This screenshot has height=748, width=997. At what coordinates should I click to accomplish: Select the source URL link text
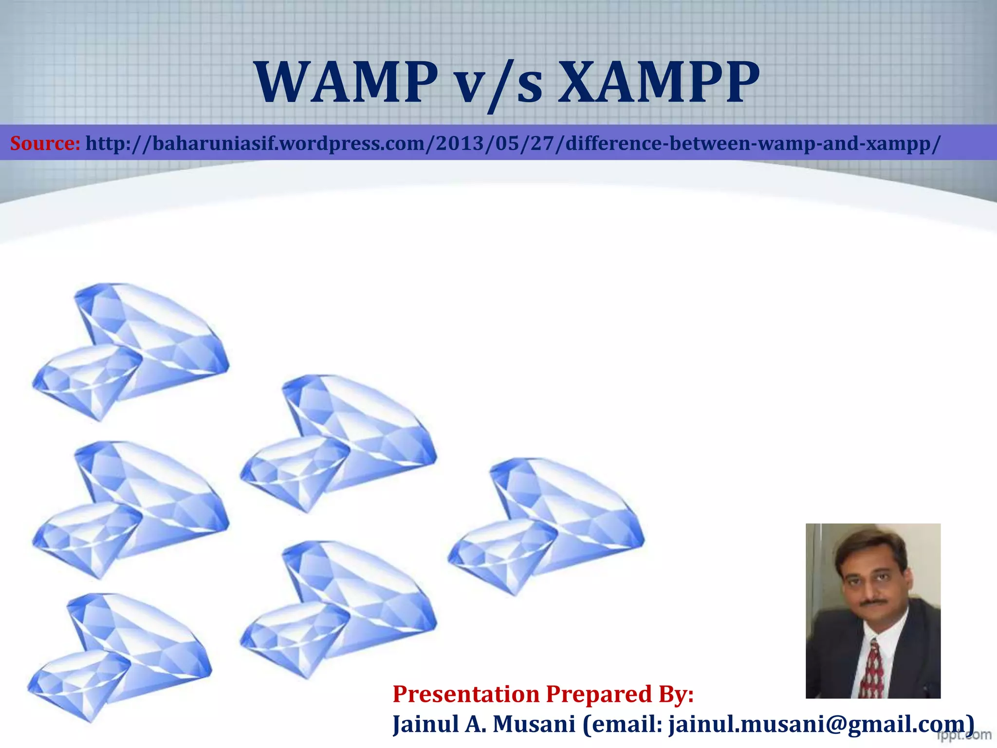tap(513, 144)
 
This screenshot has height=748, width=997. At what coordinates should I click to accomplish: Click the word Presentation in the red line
tap(466, 694)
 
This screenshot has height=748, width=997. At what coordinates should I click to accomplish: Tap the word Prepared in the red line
tap(598, 695)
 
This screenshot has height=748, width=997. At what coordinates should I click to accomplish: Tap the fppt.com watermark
tap(963, 734)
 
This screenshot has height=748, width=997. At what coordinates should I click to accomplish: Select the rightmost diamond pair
tap(546, 526)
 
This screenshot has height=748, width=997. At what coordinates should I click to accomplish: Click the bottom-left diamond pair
tap(120, 657)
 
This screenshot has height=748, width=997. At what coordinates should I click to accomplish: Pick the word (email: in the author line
tap(622, 725)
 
